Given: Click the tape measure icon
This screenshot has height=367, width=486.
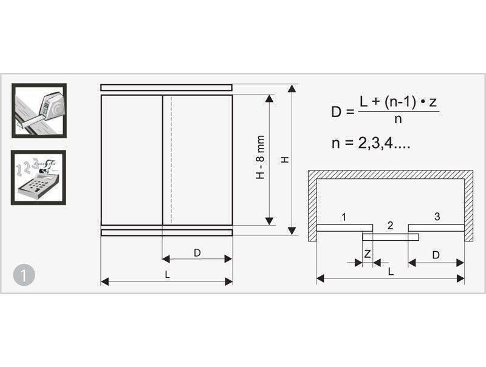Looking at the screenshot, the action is (39, 110).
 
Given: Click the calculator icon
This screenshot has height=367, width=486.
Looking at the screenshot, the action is (38, 178).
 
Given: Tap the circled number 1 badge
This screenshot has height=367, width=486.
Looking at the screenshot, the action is (24, 275).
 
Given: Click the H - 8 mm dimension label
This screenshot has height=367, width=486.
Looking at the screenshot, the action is (261, 157).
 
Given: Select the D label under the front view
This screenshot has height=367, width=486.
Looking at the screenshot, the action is (197, 253).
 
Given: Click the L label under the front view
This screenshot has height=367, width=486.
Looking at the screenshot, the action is (168, 274).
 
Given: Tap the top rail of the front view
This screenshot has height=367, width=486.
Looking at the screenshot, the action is (166, 87).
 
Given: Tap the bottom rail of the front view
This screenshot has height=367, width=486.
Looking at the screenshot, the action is (166, 232).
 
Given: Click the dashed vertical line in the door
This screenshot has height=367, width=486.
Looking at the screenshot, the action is (171, 160).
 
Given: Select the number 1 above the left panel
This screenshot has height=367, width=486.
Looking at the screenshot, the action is (343, 217).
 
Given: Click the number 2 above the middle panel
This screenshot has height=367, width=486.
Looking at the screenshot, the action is (390, 225).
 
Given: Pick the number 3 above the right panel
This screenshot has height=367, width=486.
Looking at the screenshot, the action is (437, 217).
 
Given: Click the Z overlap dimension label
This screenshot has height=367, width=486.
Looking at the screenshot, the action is (368, 254).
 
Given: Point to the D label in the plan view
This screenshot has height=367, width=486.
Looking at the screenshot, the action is (436, 255).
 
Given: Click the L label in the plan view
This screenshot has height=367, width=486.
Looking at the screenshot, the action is (391, 271).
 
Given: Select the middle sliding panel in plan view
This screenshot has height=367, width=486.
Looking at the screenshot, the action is (391, 237).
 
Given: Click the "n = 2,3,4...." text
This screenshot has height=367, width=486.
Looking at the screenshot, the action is (371, 143).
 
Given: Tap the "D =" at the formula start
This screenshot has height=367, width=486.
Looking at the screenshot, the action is (343, 112).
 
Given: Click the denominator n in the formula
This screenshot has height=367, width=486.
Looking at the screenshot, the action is (399, 119).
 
